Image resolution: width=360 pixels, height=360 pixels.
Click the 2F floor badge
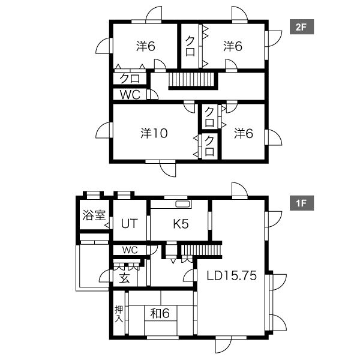tap(302, 27)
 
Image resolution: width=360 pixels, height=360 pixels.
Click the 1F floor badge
tap(302, 203)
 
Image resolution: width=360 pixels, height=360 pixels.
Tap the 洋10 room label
tap(154, 133)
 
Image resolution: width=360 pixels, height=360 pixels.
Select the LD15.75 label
tap(232, 275)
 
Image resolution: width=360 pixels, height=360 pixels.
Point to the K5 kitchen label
tap(181, 224)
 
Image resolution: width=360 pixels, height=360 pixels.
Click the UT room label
tap(129, 224)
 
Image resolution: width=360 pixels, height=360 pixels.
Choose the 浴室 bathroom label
tap(94, 215)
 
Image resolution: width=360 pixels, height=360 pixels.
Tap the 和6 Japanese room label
tap(160, 313)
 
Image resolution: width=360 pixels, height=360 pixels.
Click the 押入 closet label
tap(119, 314)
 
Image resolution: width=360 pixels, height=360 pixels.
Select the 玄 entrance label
tap(125, 278)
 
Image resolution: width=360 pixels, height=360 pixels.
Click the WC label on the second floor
tap(130, 95)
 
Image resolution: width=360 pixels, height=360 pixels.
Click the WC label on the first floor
tap(130, 250)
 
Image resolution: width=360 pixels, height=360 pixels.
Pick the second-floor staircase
tap(193, 81)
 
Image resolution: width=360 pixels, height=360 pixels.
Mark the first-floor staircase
tap(202, 250)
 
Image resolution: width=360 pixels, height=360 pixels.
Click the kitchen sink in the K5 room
tap(183, 203)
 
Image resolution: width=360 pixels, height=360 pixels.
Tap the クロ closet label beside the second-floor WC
tap(130, 79)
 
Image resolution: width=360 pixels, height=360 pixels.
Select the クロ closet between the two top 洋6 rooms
tap(190, 46)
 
